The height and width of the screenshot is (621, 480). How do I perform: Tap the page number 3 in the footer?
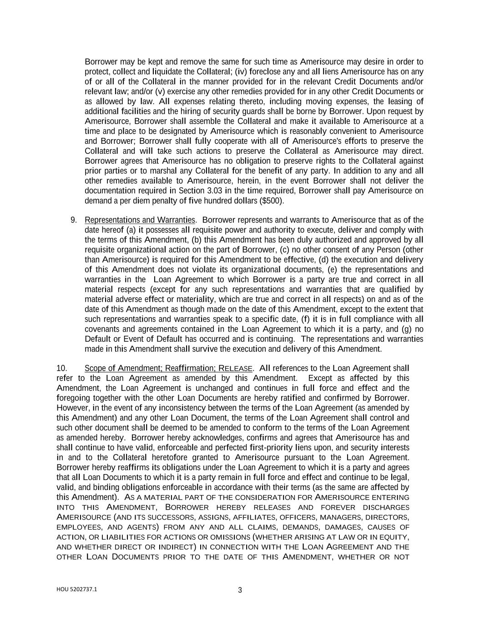pyautogui.click(x=240, y=591)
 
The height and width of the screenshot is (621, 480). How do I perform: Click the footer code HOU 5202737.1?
pyautogui.click(x=76, y=589)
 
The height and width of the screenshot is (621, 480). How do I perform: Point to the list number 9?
pyautogui.click(x=74, y=220)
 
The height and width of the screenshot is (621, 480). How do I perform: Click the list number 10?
pyautogui.click(x=62, y=368)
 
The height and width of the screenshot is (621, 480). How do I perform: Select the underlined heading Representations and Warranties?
pyautogui.click(x=140, y=220)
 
